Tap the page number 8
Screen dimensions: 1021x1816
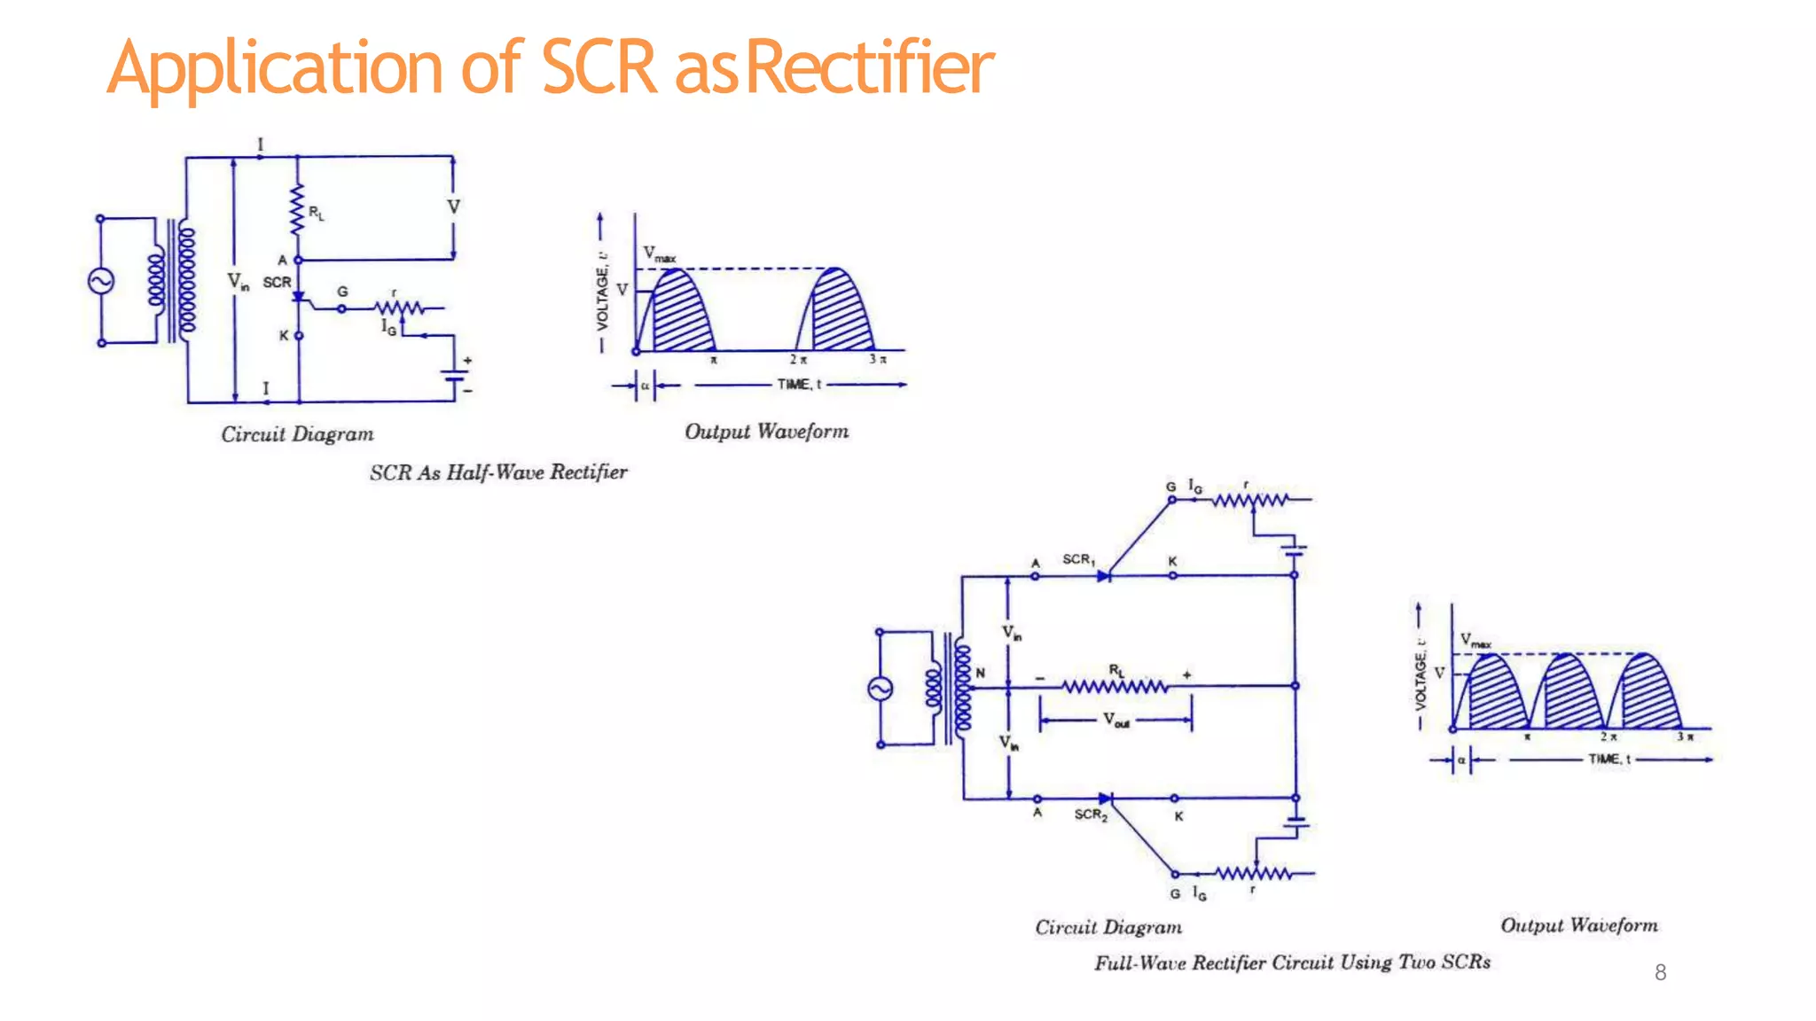click(1660, 972)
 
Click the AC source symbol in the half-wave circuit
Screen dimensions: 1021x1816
click(100, 281)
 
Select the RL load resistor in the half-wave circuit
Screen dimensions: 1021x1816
click(297, 209)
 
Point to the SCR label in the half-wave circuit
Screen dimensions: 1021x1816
click(277, 282)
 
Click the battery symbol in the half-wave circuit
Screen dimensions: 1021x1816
click(456, 376)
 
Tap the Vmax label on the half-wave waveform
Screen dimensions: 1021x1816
click(659, 253)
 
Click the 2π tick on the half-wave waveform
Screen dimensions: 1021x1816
click(798, 360)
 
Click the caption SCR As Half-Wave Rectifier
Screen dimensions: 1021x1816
click(498, 472)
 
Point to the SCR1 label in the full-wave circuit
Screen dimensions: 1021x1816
click(1078, 559)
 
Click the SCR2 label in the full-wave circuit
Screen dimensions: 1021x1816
click(1091, 814)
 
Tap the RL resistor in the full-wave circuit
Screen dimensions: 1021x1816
click(1115, 686)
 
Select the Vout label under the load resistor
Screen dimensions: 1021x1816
click(1115, 720)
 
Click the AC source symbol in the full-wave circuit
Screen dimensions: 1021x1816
click(880, 689)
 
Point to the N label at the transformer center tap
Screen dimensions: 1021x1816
click(980, 673)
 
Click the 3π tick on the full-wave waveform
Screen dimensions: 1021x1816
click(1684, 737)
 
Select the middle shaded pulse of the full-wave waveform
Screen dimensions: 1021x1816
click(1570, 696)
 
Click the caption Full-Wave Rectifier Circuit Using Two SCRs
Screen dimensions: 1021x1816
click(1292, 963)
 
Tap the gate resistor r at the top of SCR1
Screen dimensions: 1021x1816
click(1250, 500)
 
